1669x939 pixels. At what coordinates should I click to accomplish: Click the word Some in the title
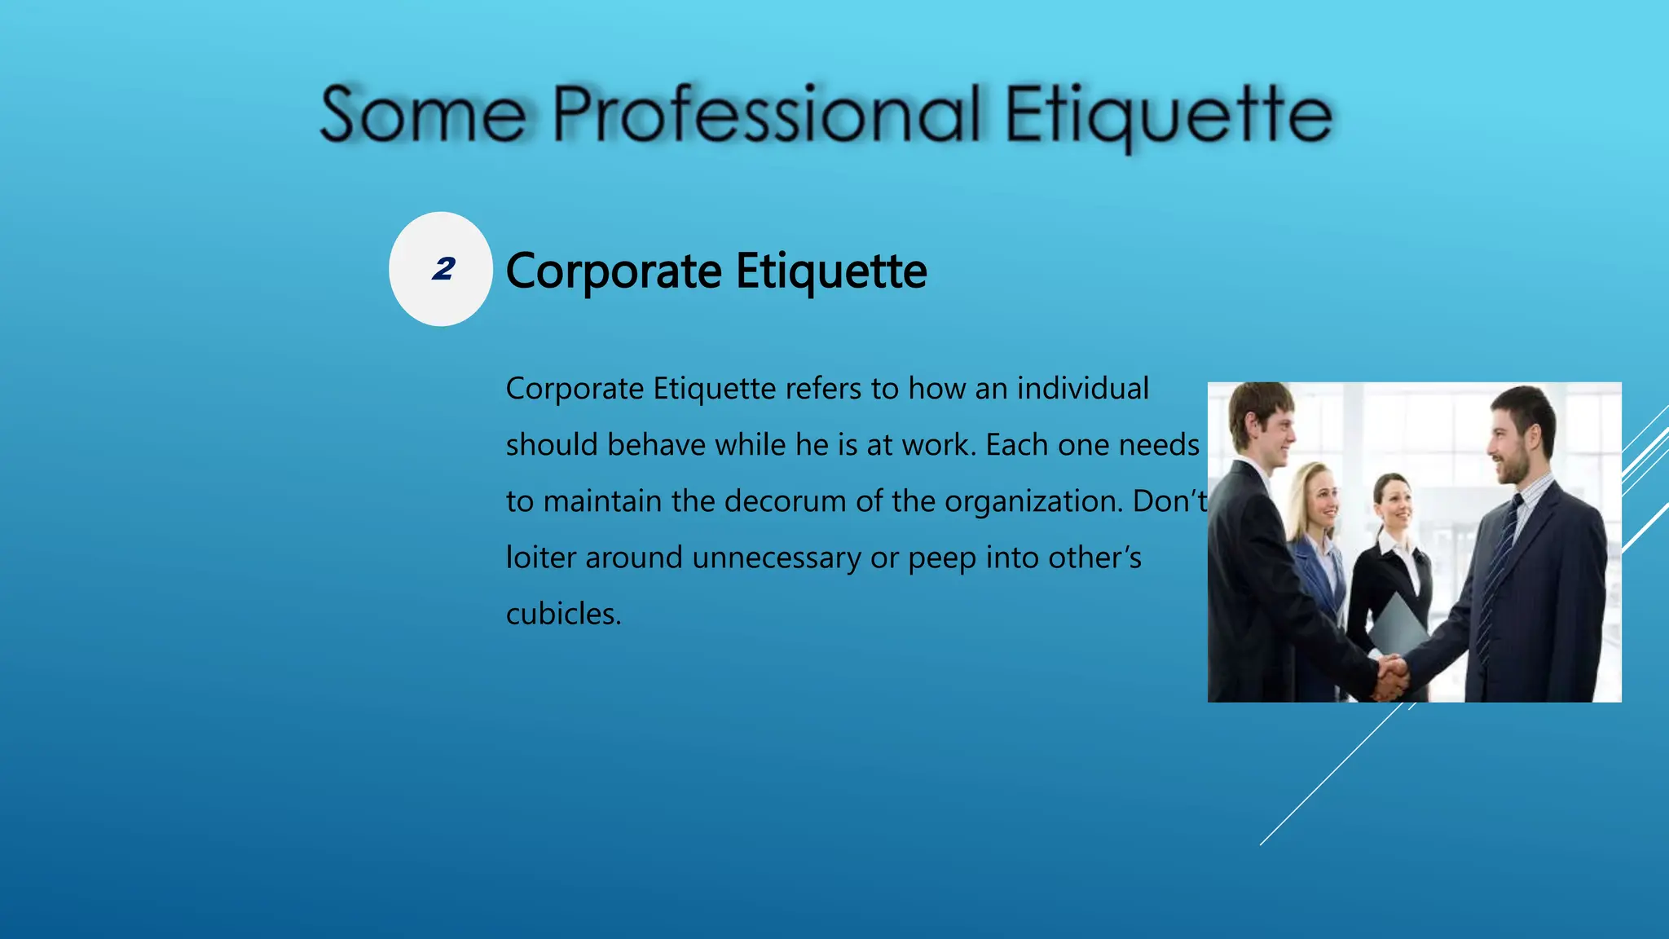click(422, 116)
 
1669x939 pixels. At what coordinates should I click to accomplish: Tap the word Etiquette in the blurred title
click(1167, 116)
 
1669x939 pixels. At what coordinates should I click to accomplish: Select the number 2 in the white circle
click(443, 268)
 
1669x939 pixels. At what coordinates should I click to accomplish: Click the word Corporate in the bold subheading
click(613, 271)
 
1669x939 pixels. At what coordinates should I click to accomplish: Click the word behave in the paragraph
click(656, 445)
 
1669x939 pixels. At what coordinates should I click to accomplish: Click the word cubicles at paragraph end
click(562, 614)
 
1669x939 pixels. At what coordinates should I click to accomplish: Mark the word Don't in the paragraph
click(1169, 500)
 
